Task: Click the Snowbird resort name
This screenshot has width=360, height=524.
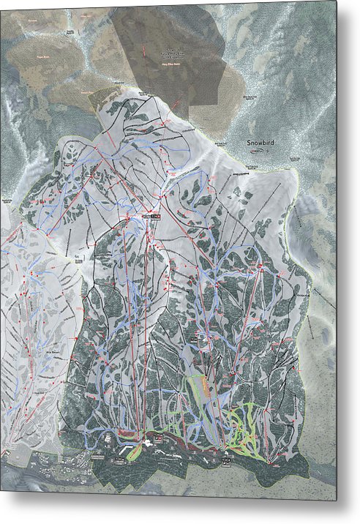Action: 260,143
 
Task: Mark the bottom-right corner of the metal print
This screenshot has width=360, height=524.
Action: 337,501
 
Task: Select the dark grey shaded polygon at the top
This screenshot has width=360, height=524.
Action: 168,51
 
